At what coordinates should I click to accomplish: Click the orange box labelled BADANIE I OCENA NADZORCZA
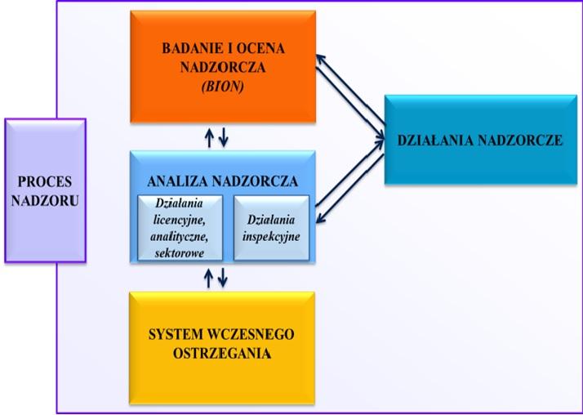tap(223, 65)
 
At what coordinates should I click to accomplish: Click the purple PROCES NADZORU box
tap(45, 190)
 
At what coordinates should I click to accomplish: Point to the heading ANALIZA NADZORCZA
tap(223, 181)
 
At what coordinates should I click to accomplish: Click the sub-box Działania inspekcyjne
tap(271, 227)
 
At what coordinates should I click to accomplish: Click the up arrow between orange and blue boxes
tap(210, 136)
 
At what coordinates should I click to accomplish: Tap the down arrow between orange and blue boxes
tap(224, 136)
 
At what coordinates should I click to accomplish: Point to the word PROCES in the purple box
tap(45, 181)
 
